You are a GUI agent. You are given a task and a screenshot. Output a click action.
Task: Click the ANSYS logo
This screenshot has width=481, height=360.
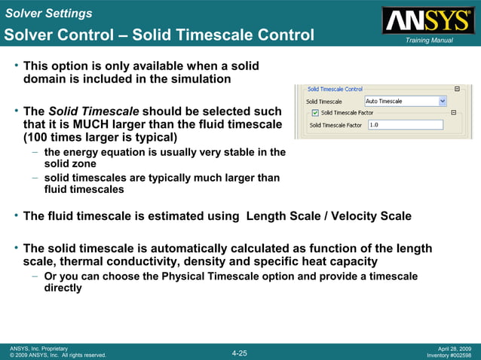click(x=427, y=20)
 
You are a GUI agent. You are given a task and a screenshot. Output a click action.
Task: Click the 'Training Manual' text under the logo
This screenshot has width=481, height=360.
click(x=428, y=40)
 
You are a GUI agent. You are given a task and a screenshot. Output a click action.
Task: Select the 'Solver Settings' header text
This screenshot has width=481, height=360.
click(x=47, y=13)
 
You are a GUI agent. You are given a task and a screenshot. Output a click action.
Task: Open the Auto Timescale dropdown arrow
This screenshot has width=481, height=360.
click(x=443, y=101)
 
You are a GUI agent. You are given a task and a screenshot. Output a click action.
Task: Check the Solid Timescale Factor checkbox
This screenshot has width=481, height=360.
click(x=314, y=113)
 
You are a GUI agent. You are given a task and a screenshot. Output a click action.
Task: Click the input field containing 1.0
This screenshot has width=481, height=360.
click(x=405, y=125)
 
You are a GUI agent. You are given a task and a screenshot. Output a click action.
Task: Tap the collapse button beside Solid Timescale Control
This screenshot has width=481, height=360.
click(x=457, y=88)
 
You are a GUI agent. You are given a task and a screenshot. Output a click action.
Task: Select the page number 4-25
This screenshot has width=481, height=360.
click(x=239, y=352)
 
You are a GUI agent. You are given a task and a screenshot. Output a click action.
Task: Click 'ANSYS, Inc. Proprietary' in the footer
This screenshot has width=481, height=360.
click(x=38, y=349)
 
